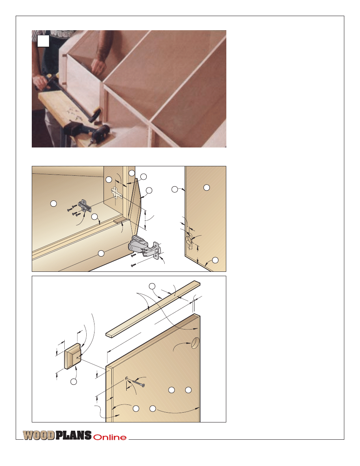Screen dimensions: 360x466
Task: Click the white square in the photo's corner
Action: pos(43,41)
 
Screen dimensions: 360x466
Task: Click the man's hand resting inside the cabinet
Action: pos(98,66)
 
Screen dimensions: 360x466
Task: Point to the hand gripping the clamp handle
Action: pos(42,82)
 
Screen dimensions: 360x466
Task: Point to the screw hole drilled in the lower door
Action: pos(127,378)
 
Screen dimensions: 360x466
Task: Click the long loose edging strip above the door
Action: pos(153,309)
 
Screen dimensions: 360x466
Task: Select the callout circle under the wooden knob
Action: pos(73,382)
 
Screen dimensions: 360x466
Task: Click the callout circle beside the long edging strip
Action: pos(152,286)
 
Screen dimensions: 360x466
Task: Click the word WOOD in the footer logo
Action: pos(39,435)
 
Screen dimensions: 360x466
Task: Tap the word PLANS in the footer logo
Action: pos(73,435)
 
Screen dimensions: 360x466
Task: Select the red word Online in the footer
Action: pos(110,437)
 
